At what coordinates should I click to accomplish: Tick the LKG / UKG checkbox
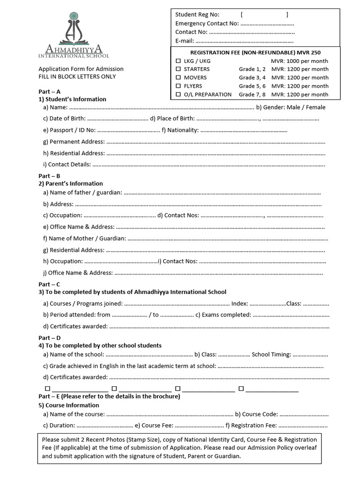(x=178, y=61)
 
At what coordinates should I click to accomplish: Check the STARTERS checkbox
(x=178, y=69)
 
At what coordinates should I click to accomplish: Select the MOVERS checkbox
(x=178, y=78)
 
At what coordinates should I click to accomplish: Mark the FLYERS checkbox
(x=178, y=86)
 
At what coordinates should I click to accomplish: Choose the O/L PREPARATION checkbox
(x=178, y=95)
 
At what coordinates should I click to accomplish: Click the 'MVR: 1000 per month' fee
(x=300, y=61)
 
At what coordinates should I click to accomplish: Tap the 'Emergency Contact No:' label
(x=207, y=23)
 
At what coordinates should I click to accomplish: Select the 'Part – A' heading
(x=49, y=92)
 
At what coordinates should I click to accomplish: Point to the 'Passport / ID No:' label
(x=69, y=130)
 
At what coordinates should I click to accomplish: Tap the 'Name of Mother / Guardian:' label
(x=84, y=239)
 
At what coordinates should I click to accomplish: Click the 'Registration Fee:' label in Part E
(x=250, y=426)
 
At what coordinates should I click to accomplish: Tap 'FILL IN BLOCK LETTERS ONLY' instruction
(x=77, y=76)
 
